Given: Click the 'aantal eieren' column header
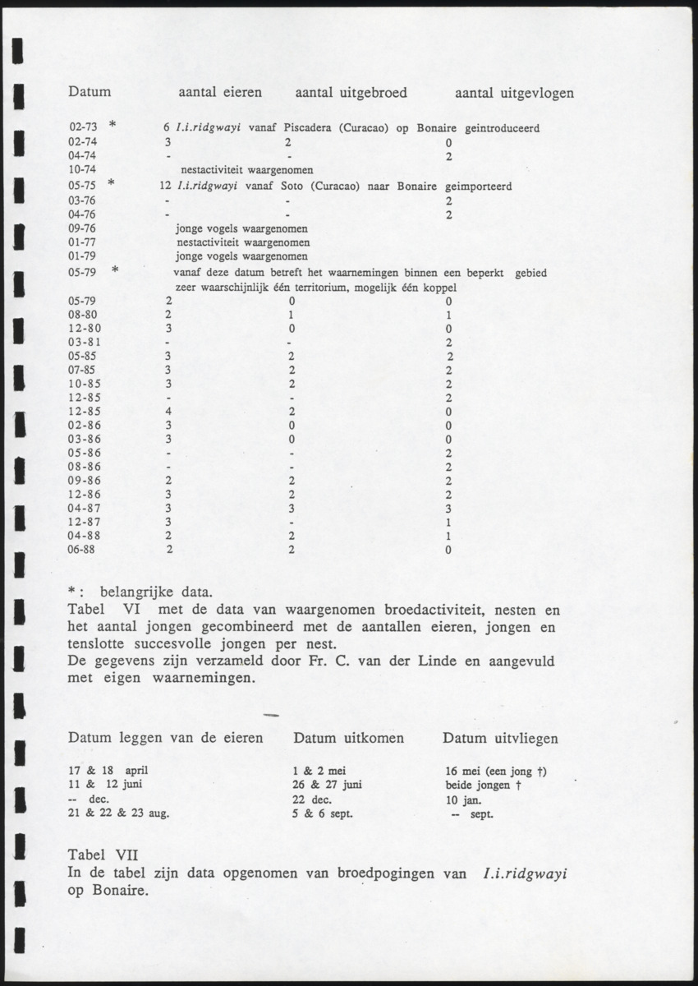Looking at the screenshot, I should (x=220, y=93).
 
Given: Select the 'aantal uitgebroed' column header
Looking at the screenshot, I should (x=351, y=93).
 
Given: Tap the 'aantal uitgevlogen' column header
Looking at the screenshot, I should (x=514, y=93).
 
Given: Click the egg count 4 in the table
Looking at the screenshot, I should (x=168, y=411).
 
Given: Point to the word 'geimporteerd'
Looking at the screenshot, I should (x=480, y=187).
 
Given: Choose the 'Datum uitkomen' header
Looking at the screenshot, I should (x=348, y=738).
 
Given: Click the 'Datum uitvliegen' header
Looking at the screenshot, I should (x=500, y=738).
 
